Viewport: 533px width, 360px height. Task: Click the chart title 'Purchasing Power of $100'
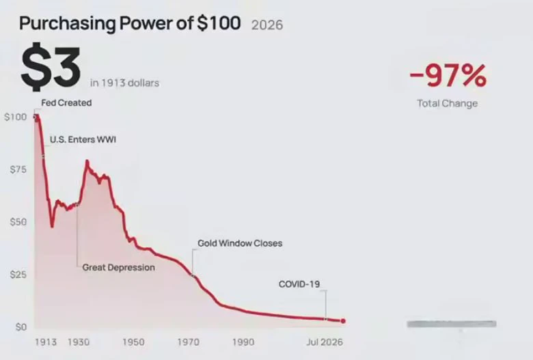point(130,23)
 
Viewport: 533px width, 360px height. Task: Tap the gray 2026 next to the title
point(267,25)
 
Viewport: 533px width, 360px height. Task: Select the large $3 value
point(51,67)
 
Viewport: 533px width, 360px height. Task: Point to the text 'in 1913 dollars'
point(125,83)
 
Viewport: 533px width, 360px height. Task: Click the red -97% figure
point(448,75)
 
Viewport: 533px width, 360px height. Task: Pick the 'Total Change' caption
point(448,103)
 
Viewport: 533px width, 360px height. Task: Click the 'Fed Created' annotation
point(66,102)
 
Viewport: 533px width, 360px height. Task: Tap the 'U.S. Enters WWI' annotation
point(83,139)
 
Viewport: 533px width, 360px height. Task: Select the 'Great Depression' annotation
point(119,268)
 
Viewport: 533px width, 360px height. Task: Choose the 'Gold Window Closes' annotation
point(240,243)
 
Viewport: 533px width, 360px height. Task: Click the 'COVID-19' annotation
point(299,284)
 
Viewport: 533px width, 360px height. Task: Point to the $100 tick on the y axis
point(15,117)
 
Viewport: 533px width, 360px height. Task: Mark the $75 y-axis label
point(18,169)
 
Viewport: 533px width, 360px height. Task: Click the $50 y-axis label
point(18,222)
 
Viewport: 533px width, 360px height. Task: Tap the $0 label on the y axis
point(20,327)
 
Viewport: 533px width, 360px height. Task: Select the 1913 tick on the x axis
point(46,342)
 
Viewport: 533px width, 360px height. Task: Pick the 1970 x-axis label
point(189,342)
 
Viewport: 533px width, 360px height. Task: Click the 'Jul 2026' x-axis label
point(325,342)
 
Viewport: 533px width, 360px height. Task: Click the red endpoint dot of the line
point(343,321)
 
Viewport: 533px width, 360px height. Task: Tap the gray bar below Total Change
point(452,324)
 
